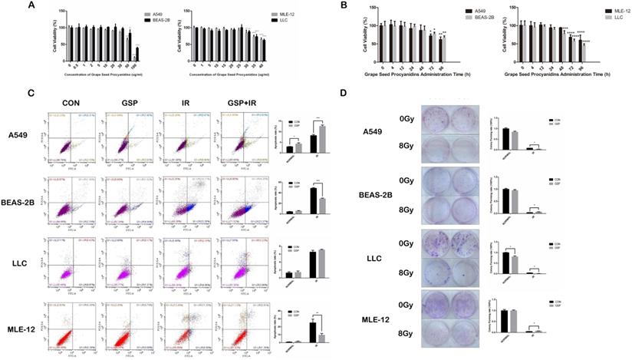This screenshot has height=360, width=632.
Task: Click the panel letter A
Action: tap(31, 5)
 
